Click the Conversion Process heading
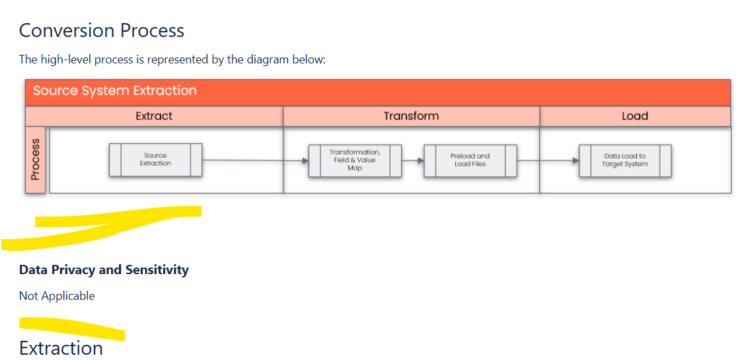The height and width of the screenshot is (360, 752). [102, 30]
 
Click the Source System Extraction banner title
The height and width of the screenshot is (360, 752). [115, 90]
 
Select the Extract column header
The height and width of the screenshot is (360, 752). [154, 116]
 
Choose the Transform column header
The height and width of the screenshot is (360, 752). [411, 116]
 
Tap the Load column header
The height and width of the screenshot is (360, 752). [634, 116]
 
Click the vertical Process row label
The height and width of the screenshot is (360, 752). [36, 159]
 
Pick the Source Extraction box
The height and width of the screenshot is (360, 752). [155, 160]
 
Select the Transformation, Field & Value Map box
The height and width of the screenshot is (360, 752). [355, 160]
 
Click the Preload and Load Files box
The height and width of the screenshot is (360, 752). [470, 160]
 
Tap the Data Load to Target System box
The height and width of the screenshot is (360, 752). [624, 160]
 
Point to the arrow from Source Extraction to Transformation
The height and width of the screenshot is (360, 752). [254, 160]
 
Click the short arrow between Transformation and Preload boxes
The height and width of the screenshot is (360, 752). [412, 160]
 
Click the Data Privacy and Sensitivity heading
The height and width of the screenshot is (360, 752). [104, 270]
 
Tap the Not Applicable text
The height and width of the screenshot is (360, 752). [57, 296]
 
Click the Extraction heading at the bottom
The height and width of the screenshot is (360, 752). [61, 348]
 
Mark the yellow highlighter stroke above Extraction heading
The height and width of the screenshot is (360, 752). [73, 326]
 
